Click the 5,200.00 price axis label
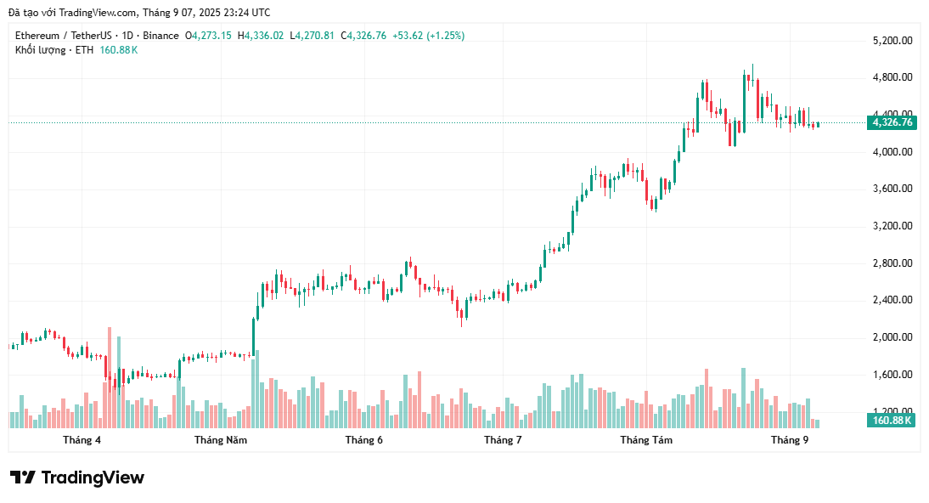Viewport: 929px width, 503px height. coord(892,41)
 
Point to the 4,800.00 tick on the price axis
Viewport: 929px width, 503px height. coord(892,77)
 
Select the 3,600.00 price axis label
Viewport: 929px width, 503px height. coord(892,189)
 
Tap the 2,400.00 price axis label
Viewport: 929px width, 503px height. coord(892,300)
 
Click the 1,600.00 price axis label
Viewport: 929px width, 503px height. coord(892,375)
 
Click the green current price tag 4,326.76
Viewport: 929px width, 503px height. coord(892,122)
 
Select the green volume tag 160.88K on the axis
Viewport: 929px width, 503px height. coord(892,420)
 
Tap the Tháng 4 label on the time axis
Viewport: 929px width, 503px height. coord(82,440)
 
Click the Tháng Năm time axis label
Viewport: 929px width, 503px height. coord(221,440)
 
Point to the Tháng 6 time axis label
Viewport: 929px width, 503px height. coord(363,440)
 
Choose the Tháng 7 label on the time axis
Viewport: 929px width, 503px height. coord(503,440)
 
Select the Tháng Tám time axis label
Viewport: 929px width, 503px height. coord(646,440)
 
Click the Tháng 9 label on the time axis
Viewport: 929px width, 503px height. coord(789,440)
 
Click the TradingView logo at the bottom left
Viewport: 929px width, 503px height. coord(77,478)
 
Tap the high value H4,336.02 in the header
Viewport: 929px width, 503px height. coord(261,36)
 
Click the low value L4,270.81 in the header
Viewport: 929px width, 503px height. coord(312,36)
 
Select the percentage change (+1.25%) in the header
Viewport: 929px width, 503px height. coord(445,36)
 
